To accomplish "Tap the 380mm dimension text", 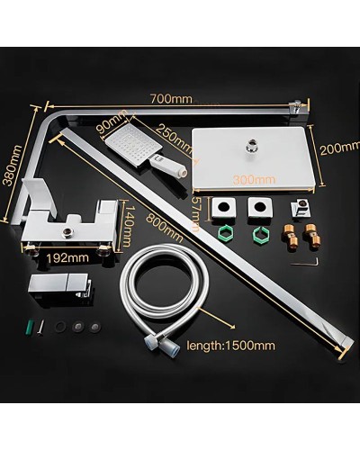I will pos(11,178).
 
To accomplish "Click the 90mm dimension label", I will pos(114,121).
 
